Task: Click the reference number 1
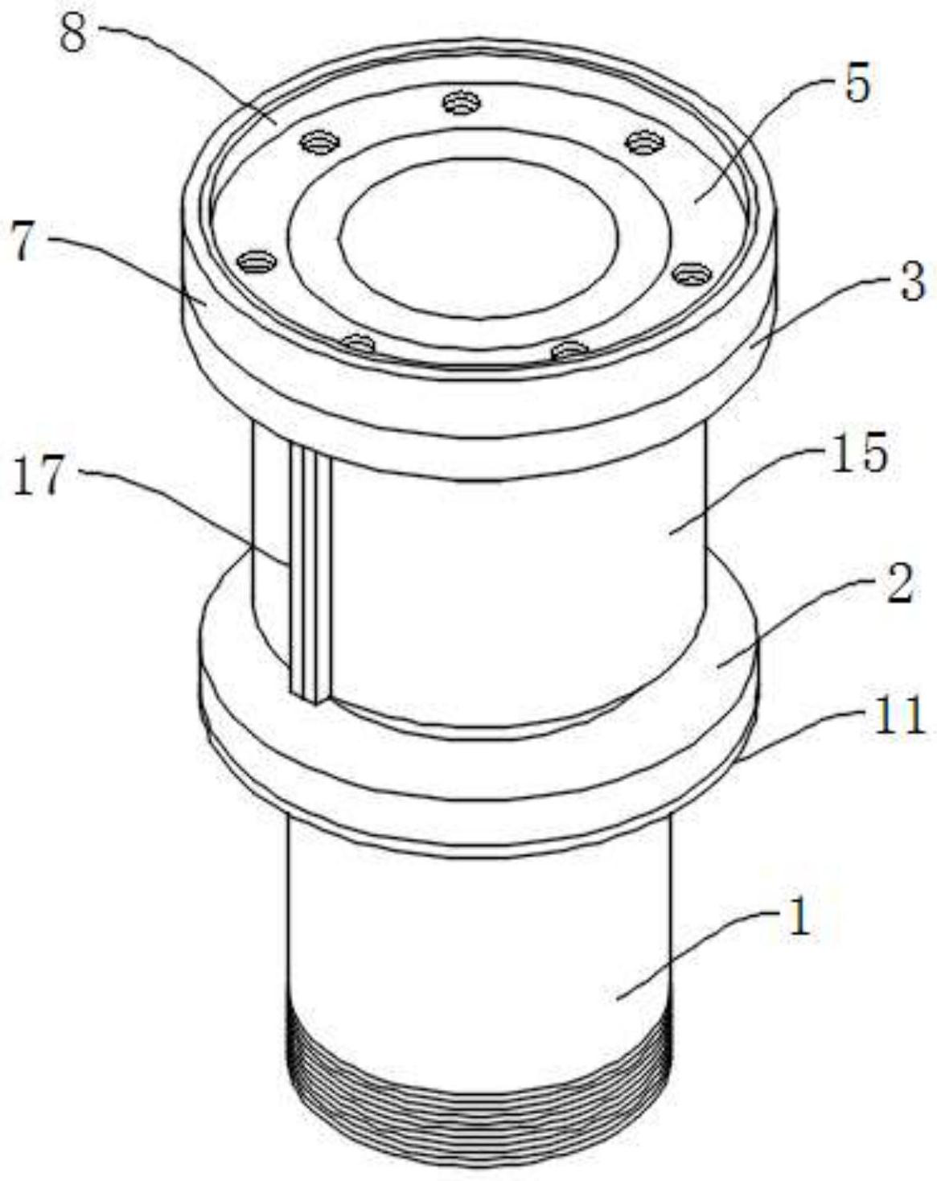pyautogui.click(x=799, y=920)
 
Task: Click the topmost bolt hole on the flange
pyautogui.click(x=462, y=103)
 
